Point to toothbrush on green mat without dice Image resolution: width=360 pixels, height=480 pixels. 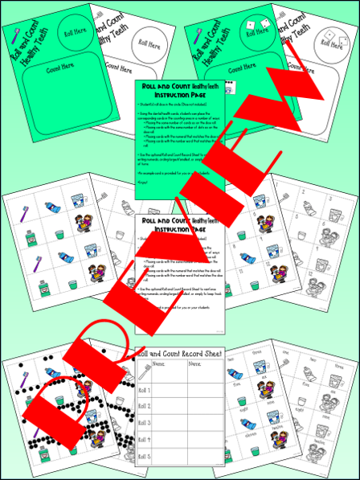[x=14, y=34]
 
